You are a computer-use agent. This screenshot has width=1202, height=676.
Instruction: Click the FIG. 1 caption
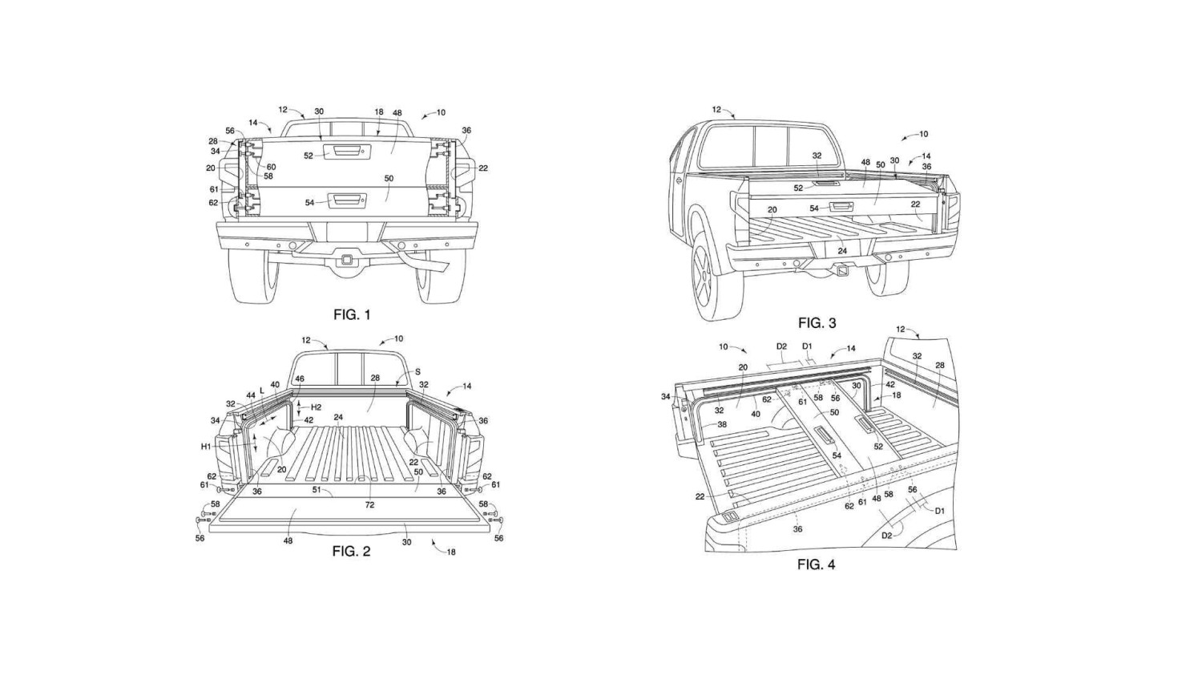352,315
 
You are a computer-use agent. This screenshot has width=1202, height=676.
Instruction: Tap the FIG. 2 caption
351,551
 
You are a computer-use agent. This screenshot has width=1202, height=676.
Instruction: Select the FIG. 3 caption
817,323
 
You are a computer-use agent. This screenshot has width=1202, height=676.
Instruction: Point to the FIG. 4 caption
816,565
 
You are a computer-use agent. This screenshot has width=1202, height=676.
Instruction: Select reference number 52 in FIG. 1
309,156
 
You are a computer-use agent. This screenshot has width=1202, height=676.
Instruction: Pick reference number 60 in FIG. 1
271,168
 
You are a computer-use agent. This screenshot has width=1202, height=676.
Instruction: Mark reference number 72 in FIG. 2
369,505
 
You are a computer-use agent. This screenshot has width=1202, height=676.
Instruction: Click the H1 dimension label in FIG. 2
206,446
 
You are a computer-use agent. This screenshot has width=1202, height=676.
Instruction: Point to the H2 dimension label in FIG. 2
316,407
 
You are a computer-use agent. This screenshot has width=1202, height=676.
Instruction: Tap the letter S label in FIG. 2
417,372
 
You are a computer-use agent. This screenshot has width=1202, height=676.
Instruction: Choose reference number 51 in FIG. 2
317,489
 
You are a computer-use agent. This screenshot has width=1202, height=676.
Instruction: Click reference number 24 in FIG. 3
842,251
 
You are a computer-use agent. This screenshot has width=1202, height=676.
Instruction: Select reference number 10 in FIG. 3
923,135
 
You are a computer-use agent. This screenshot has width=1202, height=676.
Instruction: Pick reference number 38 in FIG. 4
721,425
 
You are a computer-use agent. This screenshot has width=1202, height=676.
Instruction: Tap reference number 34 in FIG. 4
666,396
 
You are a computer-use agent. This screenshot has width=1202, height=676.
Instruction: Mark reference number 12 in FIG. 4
901,330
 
